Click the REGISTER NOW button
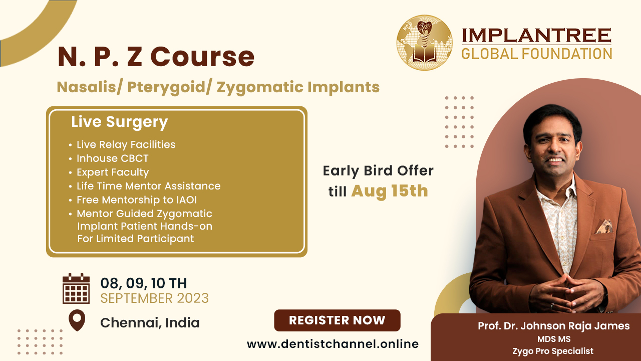337,320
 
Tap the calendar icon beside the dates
76,288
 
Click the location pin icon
77,320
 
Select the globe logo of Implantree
425,43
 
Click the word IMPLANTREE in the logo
536,35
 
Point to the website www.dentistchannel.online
333,344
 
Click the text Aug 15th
390,191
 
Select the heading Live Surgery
119,122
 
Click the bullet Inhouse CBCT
113,158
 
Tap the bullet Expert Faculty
113,172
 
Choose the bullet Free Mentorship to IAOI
137,200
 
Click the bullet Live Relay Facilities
126,145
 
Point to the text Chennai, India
150,323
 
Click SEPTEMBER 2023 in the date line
155,298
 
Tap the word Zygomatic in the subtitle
260,87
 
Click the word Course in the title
202,57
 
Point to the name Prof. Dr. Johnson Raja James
554,326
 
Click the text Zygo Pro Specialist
553,351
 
